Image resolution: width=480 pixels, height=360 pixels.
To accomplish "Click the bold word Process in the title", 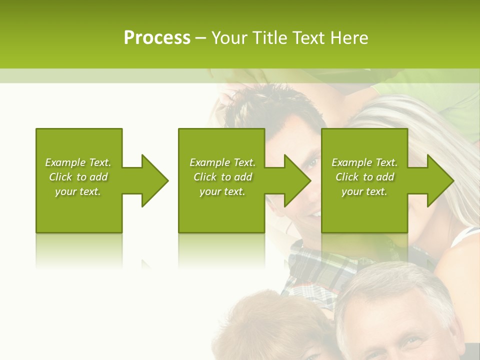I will point(157,38).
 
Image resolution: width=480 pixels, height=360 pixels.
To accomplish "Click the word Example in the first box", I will point(65,162).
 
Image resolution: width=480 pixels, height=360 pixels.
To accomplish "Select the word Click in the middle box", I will point(204,177).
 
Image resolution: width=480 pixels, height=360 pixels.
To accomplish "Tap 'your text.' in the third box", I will point(364,191).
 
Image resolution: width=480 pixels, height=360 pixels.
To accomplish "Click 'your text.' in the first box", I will point(78,191).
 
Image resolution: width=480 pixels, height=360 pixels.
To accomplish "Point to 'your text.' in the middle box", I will point(222,191).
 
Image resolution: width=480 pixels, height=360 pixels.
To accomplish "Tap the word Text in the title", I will point(308,38).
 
